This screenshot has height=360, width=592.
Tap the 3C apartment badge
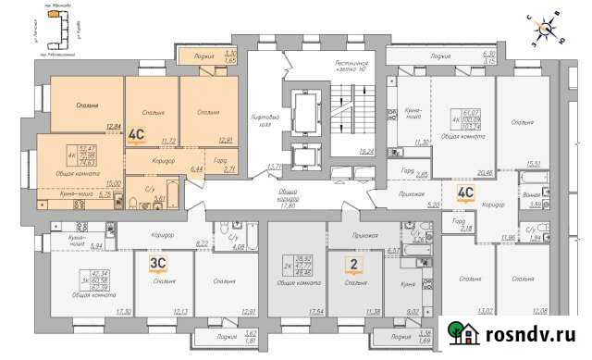[x=157, y=262]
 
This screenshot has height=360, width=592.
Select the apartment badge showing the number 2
[x=351, y=265]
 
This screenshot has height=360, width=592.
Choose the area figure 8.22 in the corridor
[x=203, y=242]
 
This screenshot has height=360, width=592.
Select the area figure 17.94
[x=316, y=311]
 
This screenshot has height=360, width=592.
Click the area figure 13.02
[x=483, y=311]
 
